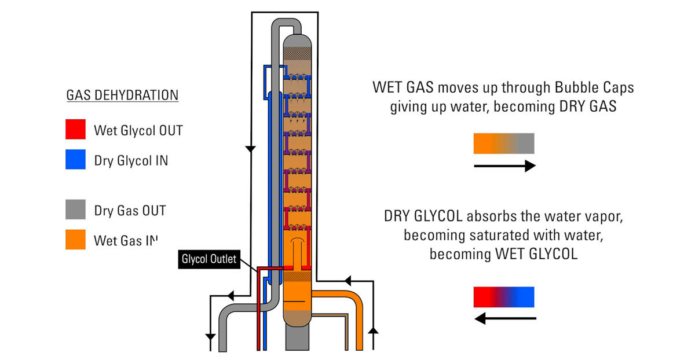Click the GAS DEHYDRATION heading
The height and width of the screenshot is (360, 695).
122,95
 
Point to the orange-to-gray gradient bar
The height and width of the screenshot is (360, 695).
503,144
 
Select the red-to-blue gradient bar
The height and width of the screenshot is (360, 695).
503,297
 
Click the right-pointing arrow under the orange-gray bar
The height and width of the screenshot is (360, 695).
504,167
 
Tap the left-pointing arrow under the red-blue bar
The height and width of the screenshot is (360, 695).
504,318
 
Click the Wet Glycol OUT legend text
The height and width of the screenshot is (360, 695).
138,131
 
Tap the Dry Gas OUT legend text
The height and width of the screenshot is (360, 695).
130,211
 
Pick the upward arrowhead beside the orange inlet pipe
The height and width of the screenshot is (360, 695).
374,330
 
